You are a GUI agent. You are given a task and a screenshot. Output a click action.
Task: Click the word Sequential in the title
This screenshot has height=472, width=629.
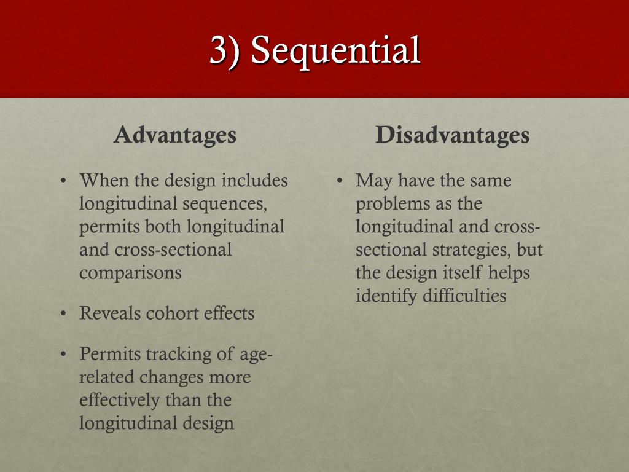pos(335,50)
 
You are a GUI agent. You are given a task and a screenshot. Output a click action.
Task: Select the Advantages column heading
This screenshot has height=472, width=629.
pos(175,135)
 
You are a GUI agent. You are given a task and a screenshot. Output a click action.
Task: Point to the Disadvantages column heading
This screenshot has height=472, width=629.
pos(453,135)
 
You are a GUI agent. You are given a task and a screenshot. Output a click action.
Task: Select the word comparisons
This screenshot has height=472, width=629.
pos(130,272)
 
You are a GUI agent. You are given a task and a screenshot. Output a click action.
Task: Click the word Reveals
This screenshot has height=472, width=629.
pos(110,313)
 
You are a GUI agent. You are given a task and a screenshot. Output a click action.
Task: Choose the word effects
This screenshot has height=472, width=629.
pos(229,313)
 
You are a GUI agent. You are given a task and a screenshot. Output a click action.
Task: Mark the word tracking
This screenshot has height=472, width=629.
pos(163,355)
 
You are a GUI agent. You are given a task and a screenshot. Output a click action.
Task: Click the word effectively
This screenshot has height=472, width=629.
pos(120,400)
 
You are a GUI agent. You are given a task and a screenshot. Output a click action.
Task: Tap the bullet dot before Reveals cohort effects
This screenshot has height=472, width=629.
pos(63,314)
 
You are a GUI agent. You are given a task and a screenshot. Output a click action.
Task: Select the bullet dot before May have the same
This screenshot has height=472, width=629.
pos(340,181)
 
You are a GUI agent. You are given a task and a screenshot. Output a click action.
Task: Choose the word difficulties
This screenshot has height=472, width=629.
pos(464,296)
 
